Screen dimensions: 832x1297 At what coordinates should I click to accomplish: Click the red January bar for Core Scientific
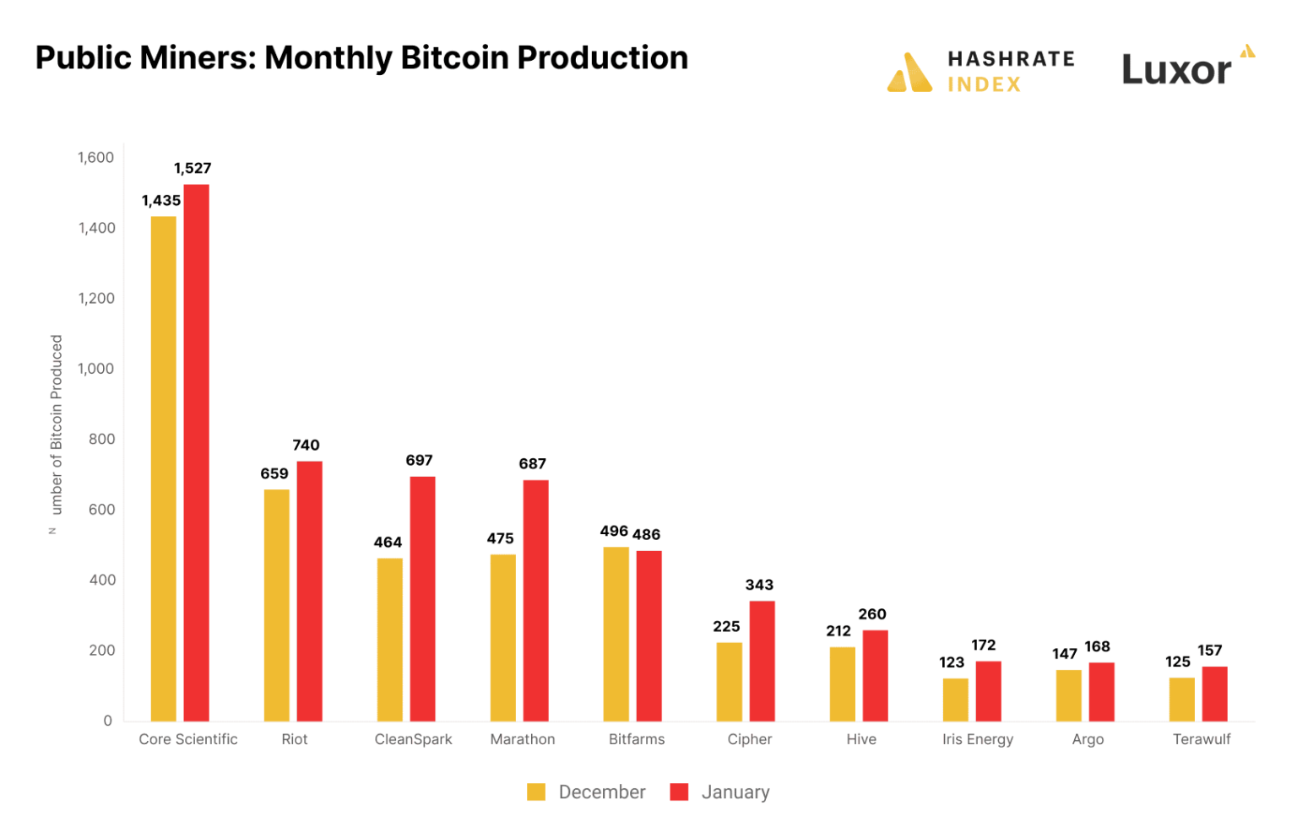click(x=196, y=452)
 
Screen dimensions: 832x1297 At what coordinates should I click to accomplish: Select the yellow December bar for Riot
click(x=276, y=605)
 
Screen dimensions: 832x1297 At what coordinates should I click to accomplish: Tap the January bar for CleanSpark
click(x=422, y=598)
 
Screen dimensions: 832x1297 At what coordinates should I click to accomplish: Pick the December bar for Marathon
click(x=502, y=637)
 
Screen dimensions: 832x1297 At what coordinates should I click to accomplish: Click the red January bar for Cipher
click(x=762, y=661)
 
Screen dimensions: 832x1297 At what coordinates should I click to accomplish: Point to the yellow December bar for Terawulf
click(x=1181, y=699)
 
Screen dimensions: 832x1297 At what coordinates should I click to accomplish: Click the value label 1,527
click(x=193, y=169)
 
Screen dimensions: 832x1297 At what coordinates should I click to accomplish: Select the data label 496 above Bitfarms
click(x=614, y=531)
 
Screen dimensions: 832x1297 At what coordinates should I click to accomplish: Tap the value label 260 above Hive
click(x=872, y=614)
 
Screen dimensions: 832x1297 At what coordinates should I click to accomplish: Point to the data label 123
click(x=952, y=662)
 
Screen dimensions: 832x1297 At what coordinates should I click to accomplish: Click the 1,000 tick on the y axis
click(x=95, y=369)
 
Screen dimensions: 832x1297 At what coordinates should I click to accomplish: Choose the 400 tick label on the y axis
click(x=101, y=580)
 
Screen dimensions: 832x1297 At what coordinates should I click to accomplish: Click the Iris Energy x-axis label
click(x=977, y=739)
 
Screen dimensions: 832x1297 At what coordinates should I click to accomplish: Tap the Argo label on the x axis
click(x=1088, y=739)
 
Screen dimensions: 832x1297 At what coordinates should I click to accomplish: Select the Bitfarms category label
click(x=637, y=739)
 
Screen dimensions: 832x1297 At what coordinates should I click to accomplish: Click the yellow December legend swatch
click(x=536, y=792)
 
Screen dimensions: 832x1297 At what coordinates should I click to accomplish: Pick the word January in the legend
click(x=735, y=792)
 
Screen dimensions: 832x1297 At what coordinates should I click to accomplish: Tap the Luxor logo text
click(x=1176, y=70)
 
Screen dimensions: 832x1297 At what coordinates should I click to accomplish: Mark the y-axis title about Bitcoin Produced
click(x=57, y=424)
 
